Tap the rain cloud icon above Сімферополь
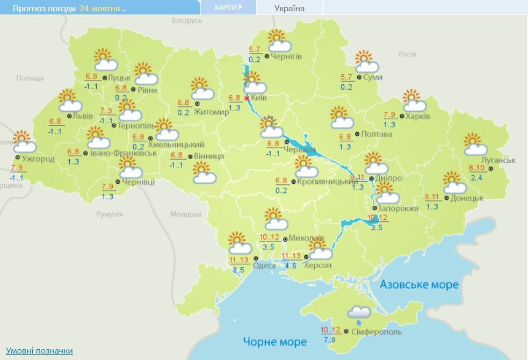point(358,313)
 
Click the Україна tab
point(289,8)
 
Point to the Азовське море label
point(419,284)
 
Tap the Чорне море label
point(274,342)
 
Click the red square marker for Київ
point(247,99)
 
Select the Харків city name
point(417,116)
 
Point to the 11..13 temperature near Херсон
point(292,256)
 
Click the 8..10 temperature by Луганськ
point(476,168)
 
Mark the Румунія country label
point(110,214)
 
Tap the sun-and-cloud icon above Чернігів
point(279,42)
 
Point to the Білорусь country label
point(187,20)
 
